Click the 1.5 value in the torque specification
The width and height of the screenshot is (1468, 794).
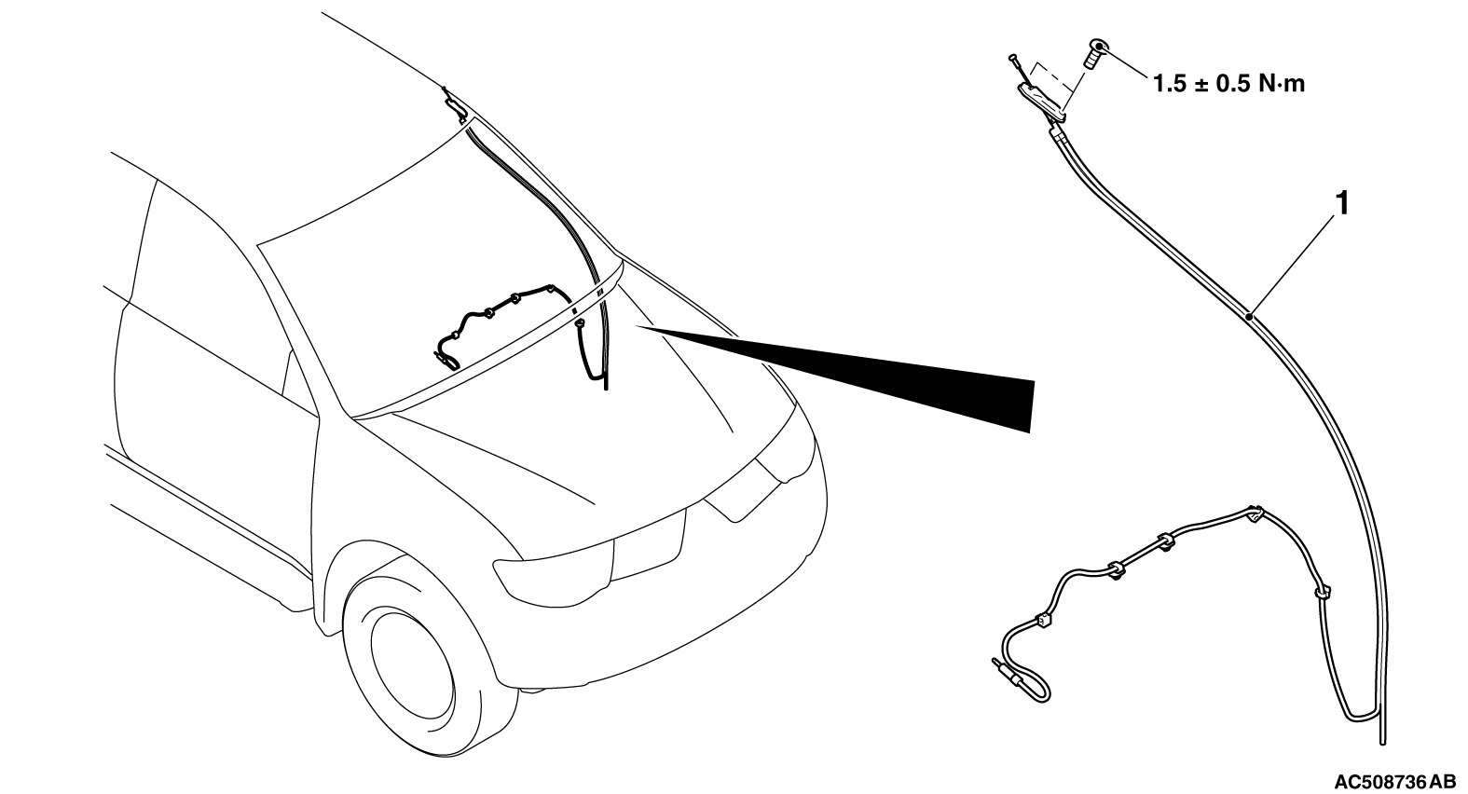coord(1169,85)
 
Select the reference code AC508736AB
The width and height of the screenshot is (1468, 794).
coord(1393,782)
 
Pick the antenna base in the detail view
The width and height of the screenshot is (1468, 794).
coord(1041,103)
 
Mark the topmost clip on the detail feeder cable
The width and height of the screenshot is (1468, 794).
coord(1255,513)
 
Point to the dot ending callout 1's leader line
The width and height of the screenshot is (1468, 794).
coord(1251,317)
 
